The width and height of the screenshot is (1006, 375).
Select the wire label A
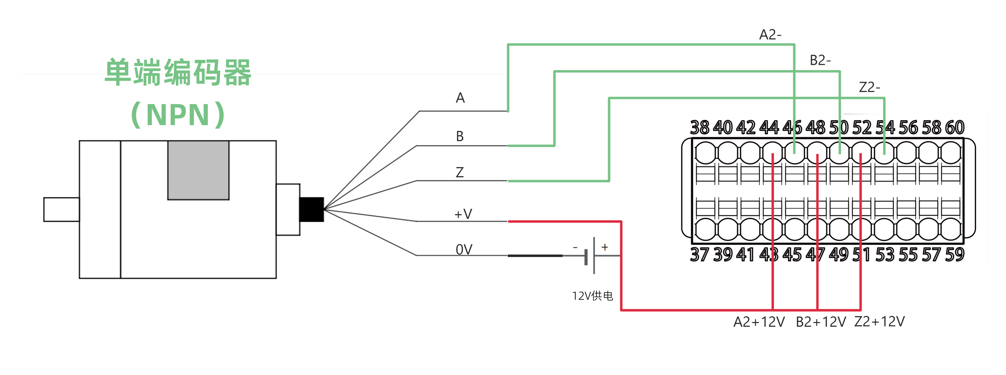(x=460, y=98)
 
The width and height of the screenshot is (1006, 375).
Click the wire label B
(x=460, y=136)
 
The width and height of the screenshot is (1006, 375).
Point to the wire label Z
(x=460, y=172)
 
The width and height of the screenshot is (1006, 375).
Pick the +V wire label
(x=463, y=214)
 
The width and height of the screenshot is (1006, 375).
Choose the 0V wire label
(x=464, y=249)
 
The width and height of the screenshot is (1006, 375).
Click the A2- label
(x=770, y=35)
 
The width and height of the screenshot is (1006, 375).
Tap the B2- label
(x=820, y=61)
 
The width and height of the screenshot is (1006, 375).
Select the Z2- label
(x=869, y=87)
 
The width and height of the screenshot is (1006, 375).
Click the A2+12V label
(x=759, y=322)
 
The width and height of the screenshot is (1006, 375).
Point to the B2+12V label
(x=821, y=322)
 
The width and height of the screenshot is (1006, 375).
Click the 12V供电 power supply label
(x=592, y=296)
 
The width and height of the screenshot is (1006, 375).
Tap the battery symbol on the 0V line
(x=590, y=256)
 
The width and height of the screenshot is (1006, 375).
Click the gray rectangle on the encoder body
(x=198, y=170)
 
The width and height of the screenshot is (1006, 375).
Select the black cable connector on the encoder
(x=311, y=209)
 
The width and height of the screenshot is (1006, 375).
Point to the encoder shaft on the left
(x=61, y=209)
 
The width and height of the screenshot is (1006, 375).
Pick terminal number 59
(x=954, y=254)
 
